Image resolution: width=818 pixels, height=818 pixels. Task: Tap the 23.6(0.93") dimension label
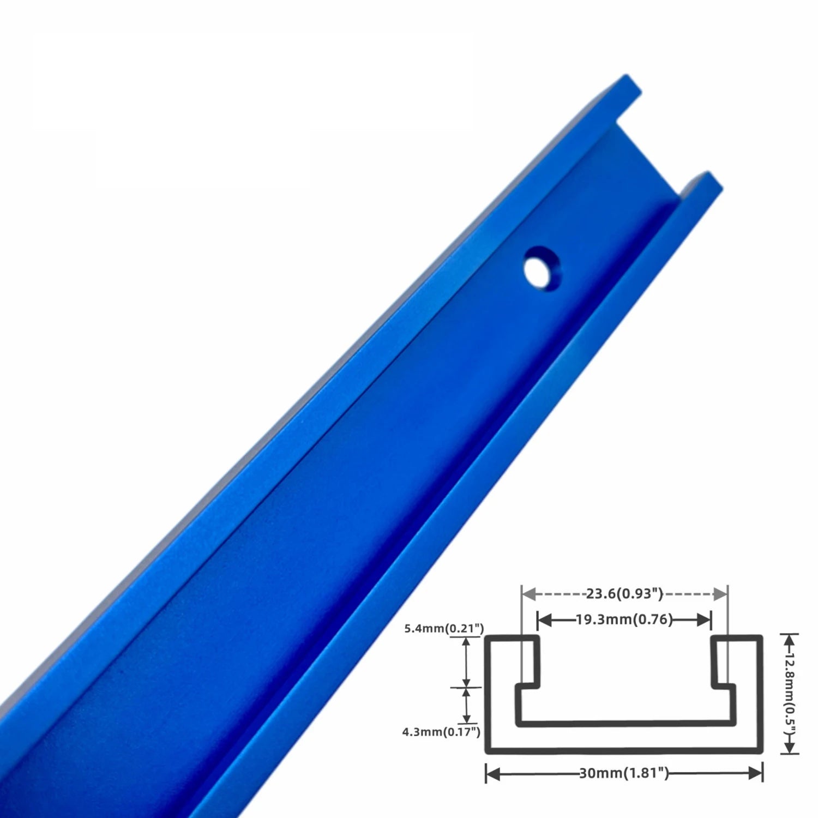(x=624, y=593)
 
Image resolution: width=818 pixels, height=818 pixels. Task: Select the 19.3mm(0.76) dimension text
(x=624, y=619)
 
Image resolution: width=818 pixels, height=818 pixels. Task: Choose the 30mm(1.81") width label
(x=624, y=773)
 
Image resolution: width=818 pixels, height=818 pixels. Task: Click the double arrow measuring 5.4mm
(x=466, y=663)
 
